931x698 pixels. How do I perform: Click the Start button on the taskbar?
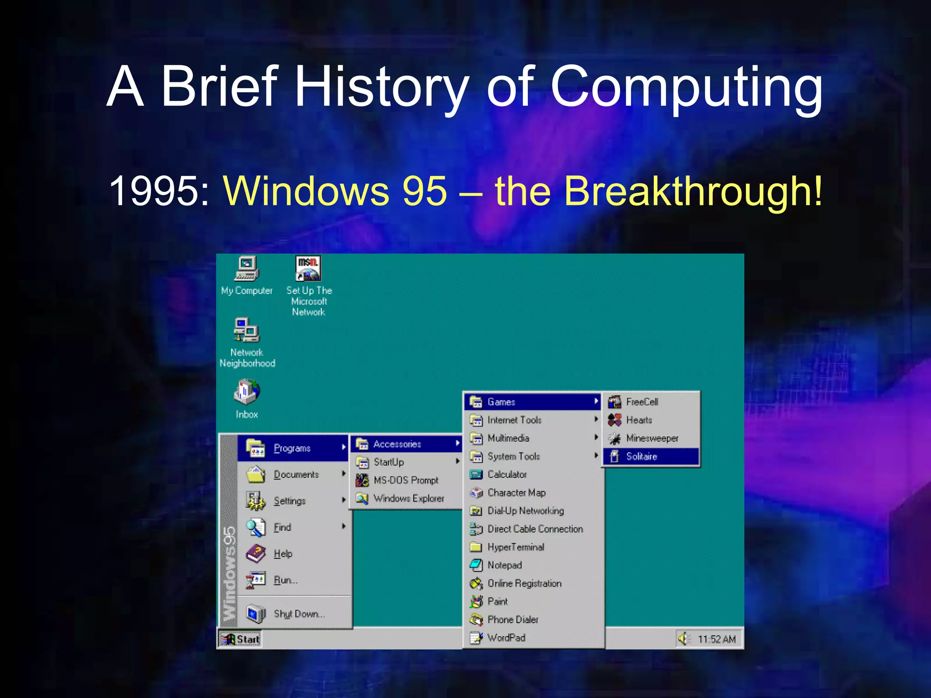coord(240,639)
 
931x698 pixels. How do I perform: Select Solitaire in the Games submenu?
coord(641,457)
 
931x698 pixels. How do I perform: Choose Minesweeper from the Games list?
coord(651,439)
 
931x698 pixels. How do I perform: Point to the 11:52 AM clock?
coord(716,639)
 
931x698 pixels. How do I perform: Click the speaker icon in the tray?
coord(683,639)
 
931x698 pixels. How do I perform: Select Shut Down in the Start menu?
coord(299,614)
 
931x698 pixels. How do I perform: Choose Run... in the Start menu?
coord(285,580)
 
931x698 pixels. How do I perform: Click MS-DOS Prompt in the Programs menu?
coord(405,480)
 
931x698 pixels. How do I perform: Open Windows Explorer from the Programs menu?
coord(408,499)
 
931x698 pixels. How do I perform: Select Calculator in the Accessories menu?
coord(507,474)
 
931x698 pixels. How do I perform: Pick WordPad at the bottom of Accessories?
coord(506,638)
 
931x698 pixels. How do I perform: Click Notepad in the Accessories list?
coord(504,565)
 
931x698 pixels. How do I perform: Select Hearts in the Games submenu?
coord(639,420)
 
